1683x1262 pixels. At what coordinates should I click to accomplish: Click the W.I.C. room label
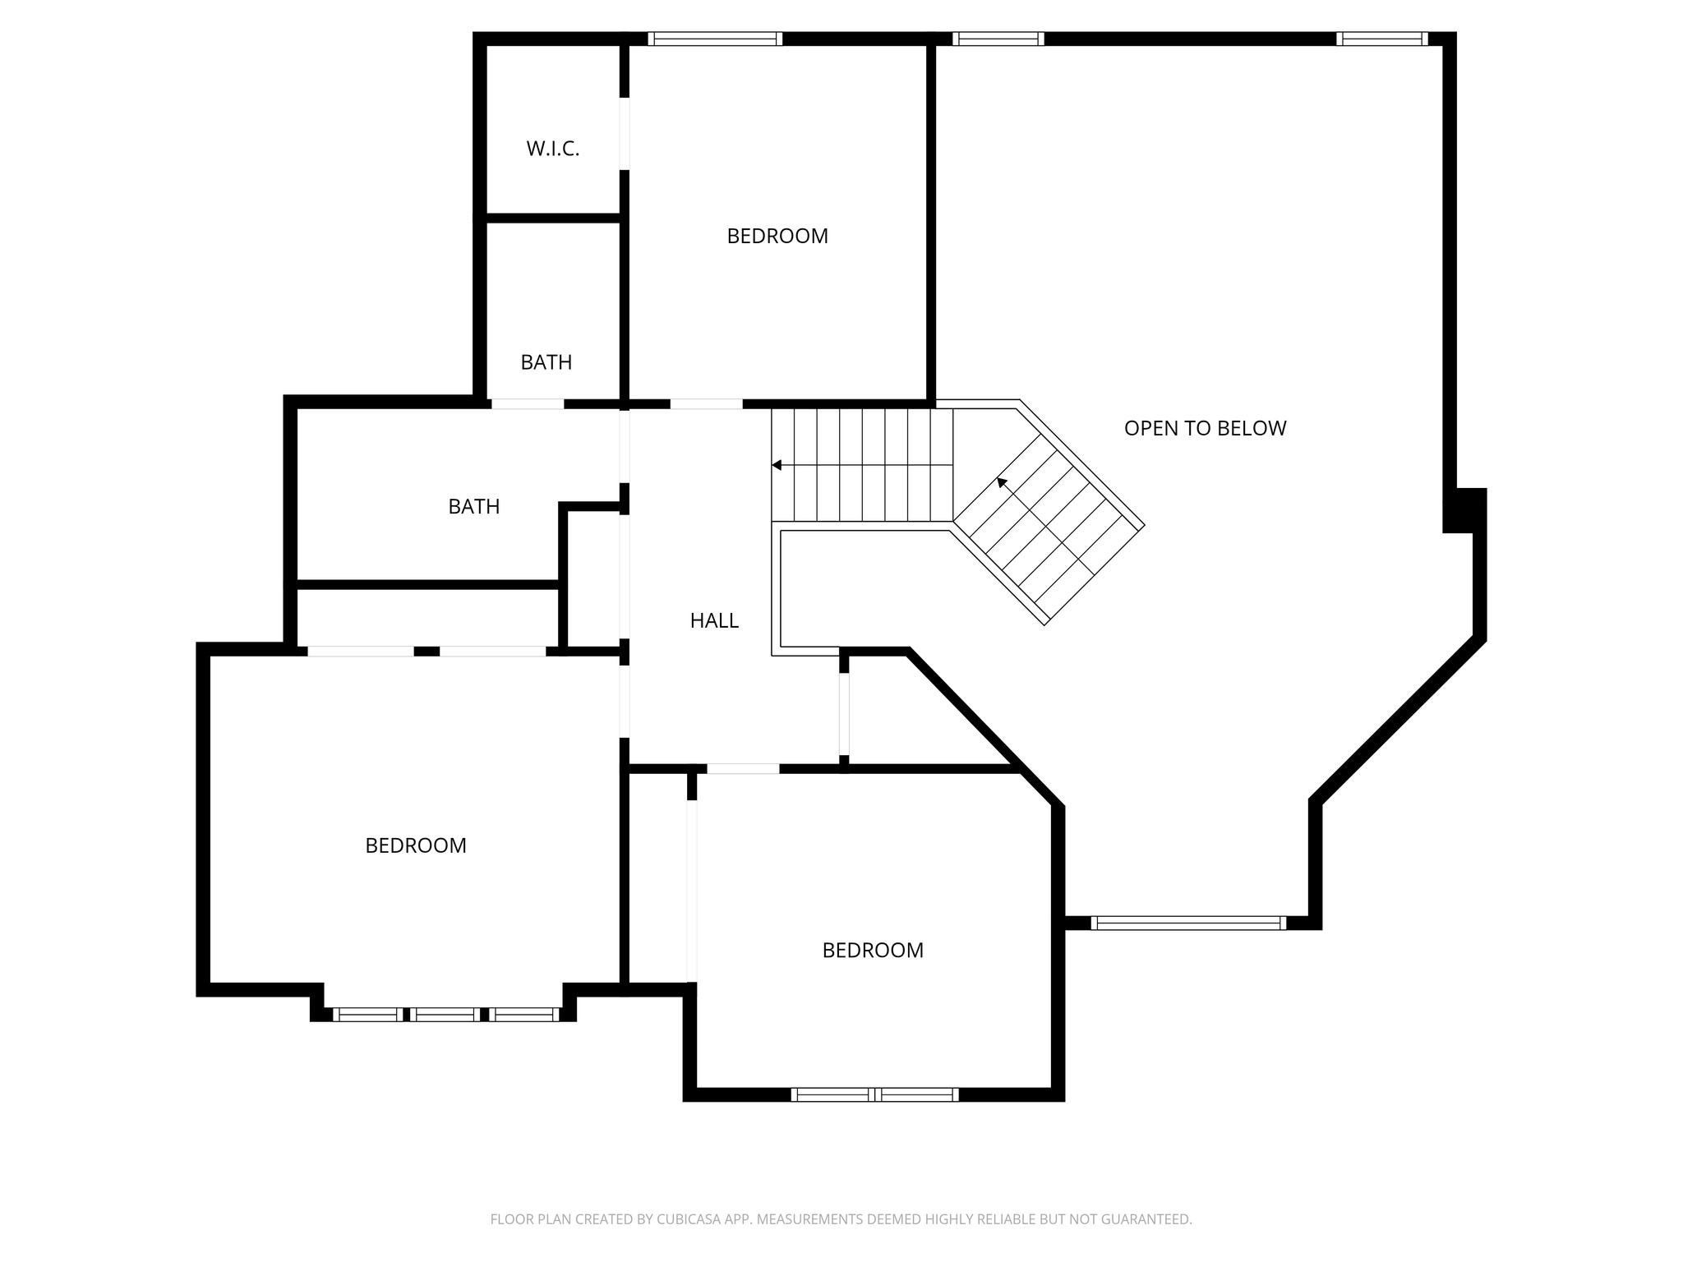552,149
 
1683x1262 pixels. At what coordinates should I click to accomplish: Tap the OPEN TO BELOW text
1205,428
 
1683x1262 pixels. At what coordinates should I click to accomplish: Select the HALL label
714,620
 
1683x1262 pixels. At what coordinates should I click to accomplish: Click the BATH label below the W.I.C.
546,362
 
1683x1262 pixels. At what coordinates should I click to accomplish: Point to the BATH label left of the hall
473,507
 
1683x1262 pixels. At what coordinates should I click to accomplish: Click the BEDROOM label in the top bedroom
777,236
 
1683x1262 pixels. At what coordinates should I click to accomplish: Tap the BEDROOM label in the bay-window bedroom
416,845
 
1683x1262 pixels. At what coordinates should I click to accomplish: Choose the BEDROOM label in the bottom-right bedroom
873,950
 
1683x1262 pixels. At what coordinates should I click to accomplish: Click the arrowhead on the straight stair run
777,466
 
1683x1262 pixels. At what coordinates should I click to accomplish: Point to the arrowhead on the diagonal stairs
1002,482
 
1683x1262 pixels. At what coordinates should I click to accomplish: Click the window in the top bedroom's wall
714,39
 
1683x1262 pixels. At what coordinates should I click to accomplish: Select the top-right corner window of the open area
1381,39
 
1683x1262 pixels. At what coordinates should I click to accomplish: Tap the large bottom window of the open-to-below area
1188,923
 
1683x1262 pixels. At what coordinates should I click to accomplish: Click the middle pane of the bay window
445,1015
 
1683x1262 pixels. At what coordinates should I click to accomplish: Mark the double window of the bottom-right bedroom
874,1094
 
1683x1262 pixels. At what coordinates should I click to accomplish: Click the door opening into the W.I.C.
625,134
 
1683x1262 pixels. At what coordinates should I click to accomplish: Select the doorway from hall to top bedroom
706,403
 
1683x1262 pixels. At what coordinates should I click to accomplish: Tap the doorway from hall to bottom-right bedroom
742,769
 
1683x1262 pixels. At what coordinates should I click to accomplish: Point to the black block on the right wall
1466,510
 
